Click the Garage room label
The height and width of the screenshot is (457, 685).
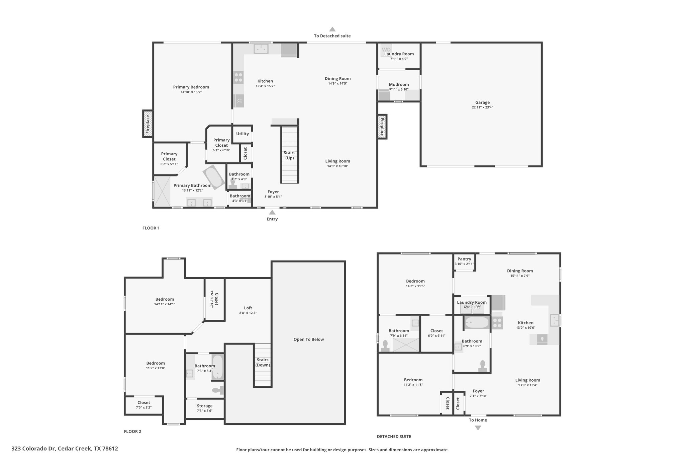pos(482,102)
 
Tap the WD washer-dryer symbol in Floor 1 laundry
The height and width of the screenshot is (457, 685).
pos(386,50)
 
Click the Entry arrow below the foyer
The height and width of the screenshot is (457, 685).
pos(272,212)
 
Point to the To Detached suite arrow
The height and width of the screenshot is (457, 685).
pos(332,29)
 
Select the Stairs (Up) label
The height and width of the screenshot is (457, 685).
pos(289,155)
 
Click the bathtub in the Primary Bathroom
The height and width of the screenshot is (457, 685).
pos(213,177)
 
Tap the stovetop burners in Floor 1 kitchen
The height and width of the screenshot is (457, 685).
pos(238,78)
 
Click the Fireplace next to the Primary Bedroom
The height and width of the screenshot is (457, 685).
pos(148,124)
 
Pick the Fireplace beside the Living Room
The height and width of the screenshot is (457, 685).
pos(382,127)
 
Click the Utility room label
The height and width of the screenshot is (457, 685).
pos(242,134)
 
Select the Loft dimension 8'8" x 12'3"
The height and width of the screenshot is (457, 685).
pos(248,313)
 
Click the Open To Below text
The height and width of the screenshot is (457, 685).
pos(308,339)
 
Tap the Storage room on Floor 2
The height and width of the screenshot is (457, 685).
pos(204,408)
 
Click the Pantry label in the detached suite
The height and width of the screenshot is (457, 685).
pos(464,259)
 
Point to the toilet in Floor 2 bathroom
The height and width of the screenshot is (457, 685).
pos(218,390)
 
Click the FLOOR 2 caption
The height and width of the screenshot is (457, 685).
pos(132,431)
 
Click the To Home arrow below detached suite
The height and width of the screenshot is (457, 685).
pos(478,428)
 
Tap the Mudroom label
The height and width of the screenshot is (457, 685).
pos(399,84)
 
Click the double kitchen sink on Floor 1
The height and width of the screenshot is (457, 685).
pos(261,49)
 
